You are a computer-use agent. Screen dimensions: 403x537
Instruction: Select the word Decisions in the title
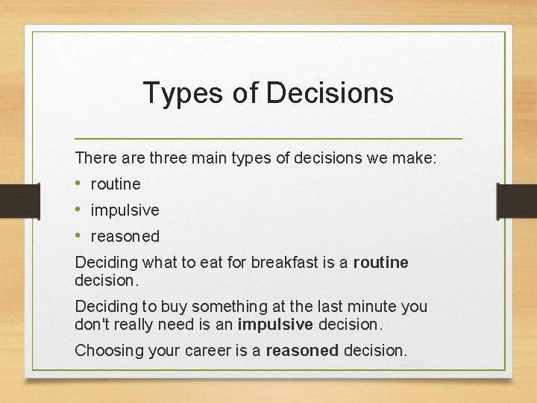pos(329,93)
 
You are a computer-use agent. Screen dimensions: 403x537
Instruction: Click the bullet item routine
pos(116,184)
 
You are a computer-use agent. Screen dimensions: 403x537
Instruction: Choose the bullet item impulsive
pos(125,210)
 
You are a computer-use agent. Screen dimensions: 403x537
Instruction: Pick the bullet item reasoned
pos(125,237)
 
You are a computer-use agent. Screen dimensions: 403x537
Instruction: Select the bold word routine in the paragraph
pos(380,263)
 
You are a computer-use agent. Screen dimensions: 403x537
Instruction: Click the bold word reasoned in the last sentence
pos(302,351)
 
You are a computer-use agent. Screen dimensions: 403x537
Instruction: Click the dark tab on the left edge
pos(11,200)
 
